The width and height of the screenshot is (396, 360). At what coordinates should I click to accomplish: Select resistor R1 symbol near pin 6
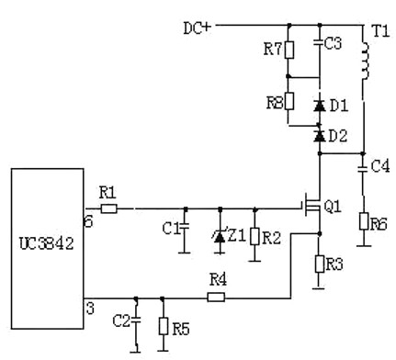[109, 208]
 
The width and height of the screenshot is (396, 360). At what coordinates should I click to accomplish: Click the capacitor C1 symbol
[185, 227]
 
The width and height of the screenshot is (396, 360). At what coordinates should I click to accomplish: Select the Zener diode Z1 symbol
[219, 235]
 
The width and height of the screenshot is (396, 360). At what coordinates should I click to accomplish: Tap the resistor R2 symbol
[255, 237]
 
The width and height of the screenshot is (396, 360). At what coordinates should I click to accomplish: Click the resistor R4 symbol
[217, 297]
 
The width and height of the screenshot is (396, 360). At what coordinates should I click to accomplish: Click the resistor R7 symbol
[289, 51]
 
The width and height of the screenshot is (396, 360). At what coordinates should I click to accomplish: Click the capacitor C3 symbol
[319, 44]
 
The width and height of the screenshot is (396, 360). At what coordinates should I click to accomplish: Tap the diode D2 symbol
[319, 136]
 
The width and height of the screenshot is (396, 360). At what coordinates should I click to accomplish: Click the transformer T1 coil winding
[365, 63]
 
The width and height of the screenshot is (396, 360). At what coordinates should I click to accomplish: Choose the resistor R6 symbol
[365, 220]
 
